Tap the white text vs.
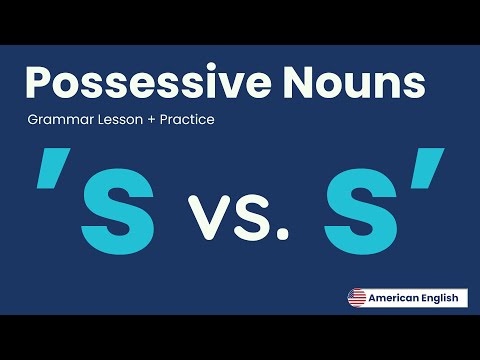[239, 214]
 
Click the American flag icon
[357, 298]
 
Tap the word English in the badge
[439, 298]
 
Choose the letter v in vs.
[207, 216]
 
